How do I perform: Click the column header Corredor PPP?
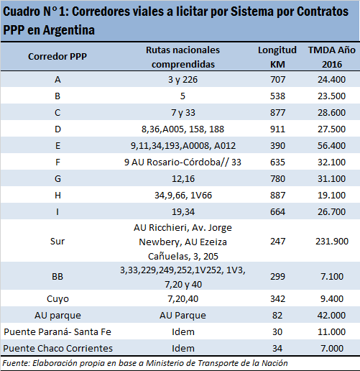pos(57,57)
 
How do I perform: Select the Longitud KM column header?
pos(277,57)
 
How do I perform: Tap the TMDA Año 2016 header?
pos(332,57)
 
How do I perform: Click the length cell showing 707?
pos(277,79)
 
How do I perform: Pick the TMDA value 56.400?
pos(331,145)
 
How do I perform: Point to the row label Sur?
pos(57,241)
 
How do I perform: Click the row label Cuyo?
pos(57,299)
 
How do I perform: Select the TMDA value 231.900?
pos(332,241)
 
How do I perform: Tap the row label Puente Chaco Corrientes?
pos(57,348)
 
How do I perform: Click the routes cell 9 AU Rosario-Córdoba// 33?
pos(183,162)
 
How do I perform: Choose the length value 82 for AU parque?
pos(277,315)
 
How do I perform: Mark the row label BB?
pos(57,277)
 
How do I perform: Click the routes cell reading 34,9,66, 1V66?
pos(183,196)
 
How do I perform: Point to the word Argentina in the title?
pos(69,30)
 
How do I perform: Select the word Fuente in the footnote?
pos(16,363)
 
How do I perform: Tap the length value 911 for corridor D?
pos(277,129)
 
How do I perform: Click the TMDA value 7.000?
pos(332,348)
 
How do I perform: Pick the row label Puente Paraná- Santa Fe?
pos(57,331)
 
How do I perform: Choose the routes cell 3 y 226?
pos(183,80)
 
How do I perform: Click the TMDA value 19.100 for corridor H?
pos(331,196)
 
